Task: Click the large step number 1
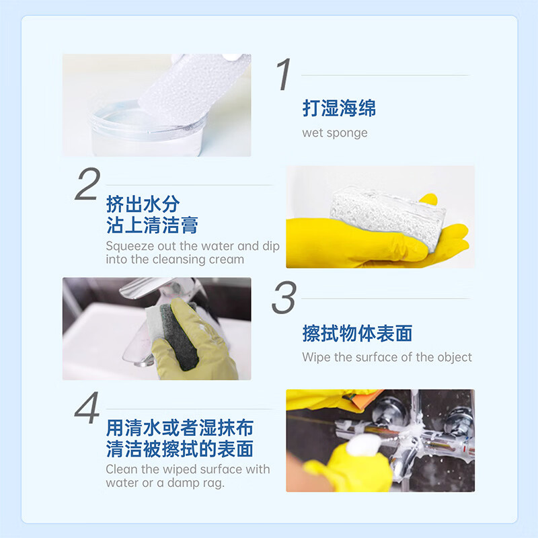[x=284, y=75]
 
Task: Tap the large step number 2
[x=87, y=184]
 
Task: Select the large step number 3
[x=284, y=298]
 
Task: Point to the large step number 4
[x=87, y=409]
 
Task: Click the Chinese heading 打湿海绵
[x=339, y=108]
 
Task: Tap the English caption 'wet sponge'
[x=335, y=132]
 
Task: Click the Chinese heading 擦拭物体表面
[x=357, y=333]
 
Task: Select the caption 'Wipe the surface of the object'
[x=387, y=357]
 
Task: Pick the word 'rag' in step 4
[x=213, y=483]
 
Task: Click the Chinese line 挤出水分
[x=143, y=204]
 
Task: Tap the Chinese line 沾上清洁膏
[x=152, y=225]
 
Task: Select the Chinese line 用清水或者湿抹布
[x=180, y=428]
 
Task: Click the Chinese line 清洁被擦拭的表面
[x=180, y=449]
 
